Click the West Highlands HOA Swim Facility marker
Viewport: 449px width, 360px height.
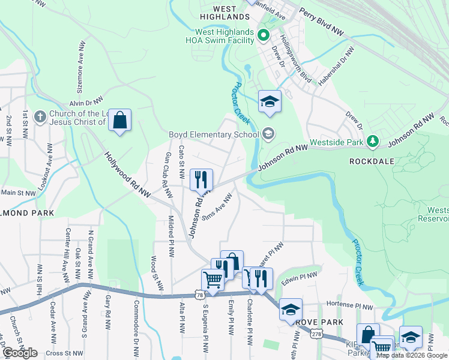(x=263, y=36)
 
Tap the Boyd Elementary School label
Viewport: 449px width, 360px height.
(x=214, y=134)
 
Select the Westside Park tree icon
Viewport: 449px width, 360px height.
(x=373, y=141)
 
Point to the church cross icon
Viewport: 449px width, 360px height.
(x=40, y=116)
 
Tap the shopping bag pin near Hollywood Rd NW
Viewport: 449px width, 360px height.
(x=120, y=121)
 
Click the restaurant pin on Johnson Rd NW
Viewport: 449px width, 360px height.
(x=202, y=179)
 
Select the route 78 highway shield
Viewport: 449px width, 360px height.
(x=199, y=295)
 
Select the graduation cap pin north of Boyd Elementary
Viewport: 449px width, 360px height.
(x=270, y=101)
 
